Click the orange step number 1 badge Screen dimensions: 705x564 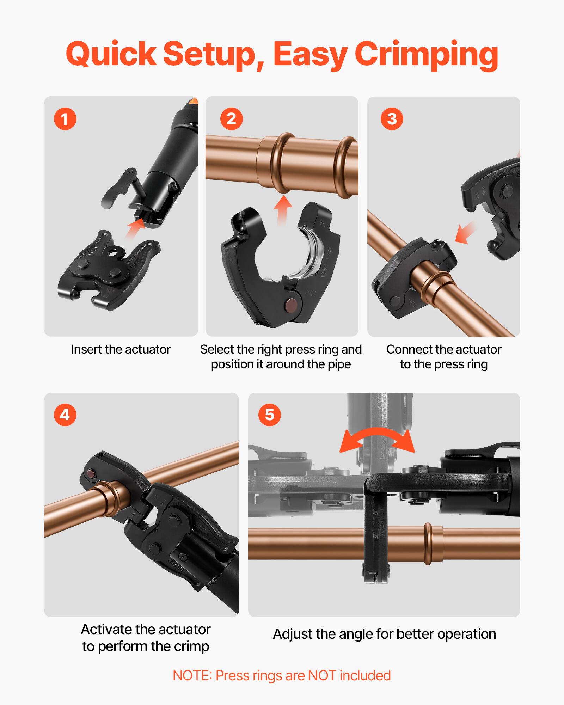point(65,119)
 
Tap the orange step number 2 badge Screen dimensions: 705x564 point(231,119)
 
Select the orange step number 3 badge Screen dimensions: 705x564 point(392,119)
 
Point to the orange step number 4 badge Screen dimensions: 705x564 point(65,415)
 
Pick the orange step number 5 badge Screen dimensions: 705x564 point(269,415)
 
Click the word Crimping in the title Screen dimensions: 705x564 point(426,55)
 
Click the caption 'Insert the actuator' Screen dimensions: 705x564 point(121,349)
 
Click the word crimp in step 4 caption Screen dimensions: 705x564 point(193,646)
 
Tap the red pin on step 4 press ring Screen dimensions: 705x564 point(91,475)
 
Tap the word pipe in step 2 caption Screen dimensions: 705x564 point(339,364)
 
